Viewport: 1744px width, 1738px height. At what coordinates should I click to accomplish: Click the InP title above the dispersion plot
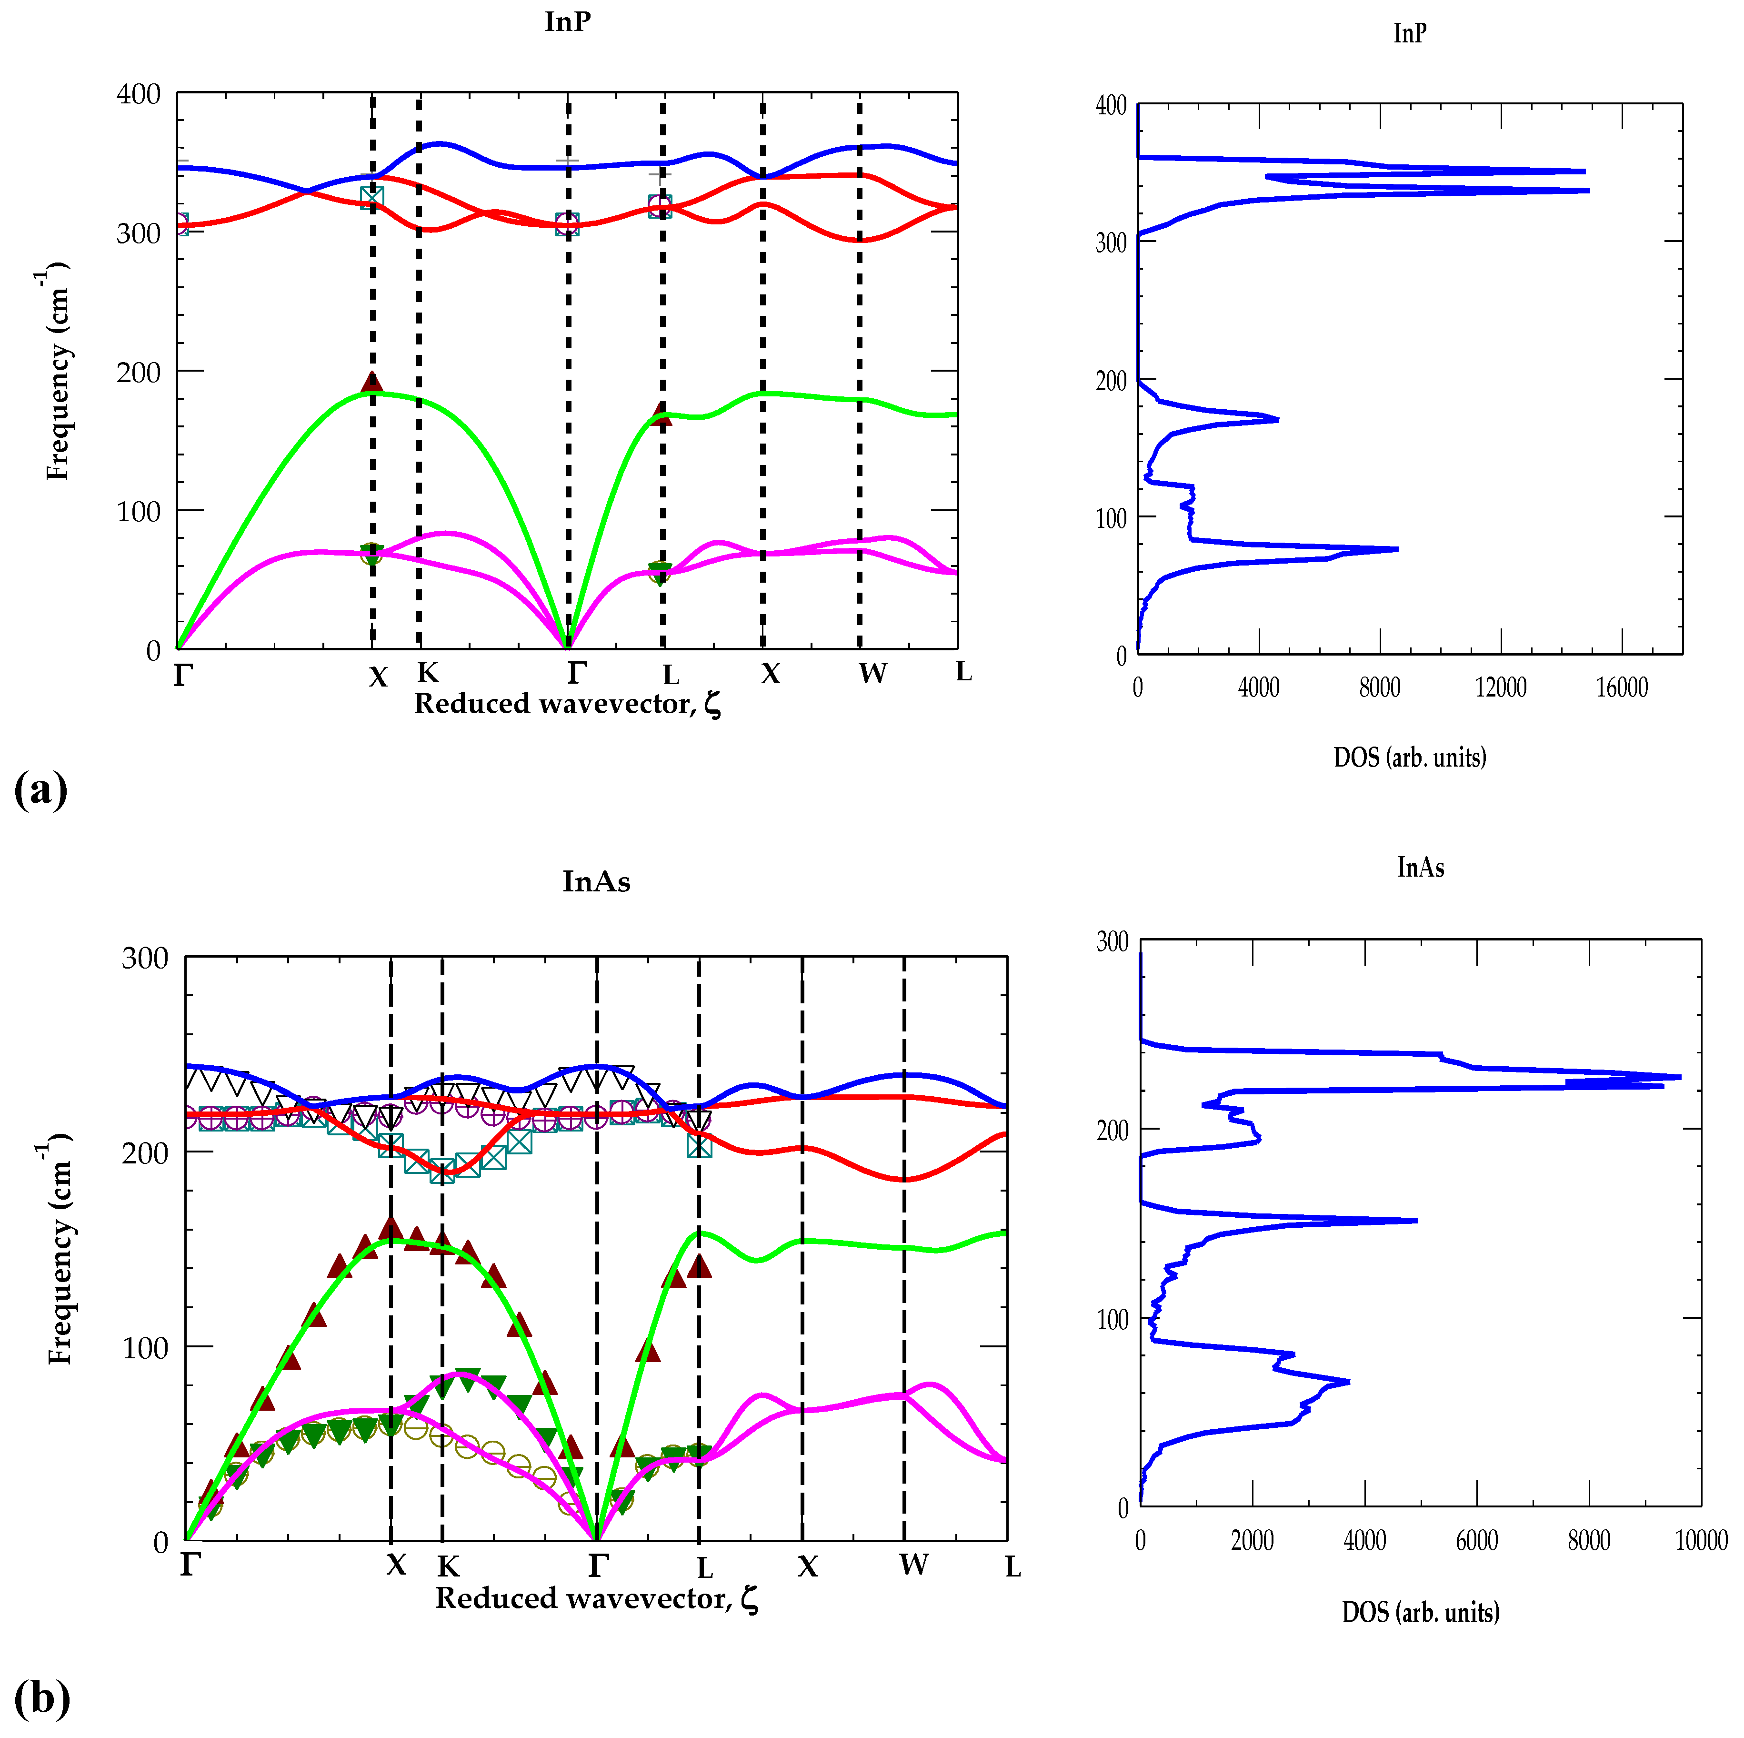567,21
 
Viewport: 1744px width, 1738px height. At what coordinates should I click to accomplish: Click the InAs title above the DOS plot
1420,868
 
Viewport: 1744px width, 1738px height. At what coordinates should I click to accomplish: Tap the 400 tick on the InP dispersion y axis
138,94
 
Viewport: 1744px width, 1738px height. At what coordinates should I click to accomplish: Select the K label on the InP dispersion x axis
428,673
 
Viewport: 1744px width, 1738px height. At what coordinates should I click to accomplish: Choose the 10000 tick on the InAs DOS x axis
1701,1540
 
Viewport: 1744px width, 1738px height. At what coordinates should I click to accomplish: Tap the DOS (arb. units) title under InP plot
1409,758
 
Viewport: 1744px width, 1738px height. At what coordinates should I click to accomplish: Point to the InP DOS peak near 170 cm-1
1276,419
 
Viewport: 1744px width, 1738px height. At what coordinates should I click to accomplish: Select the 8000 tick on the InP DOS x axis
1379,688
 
